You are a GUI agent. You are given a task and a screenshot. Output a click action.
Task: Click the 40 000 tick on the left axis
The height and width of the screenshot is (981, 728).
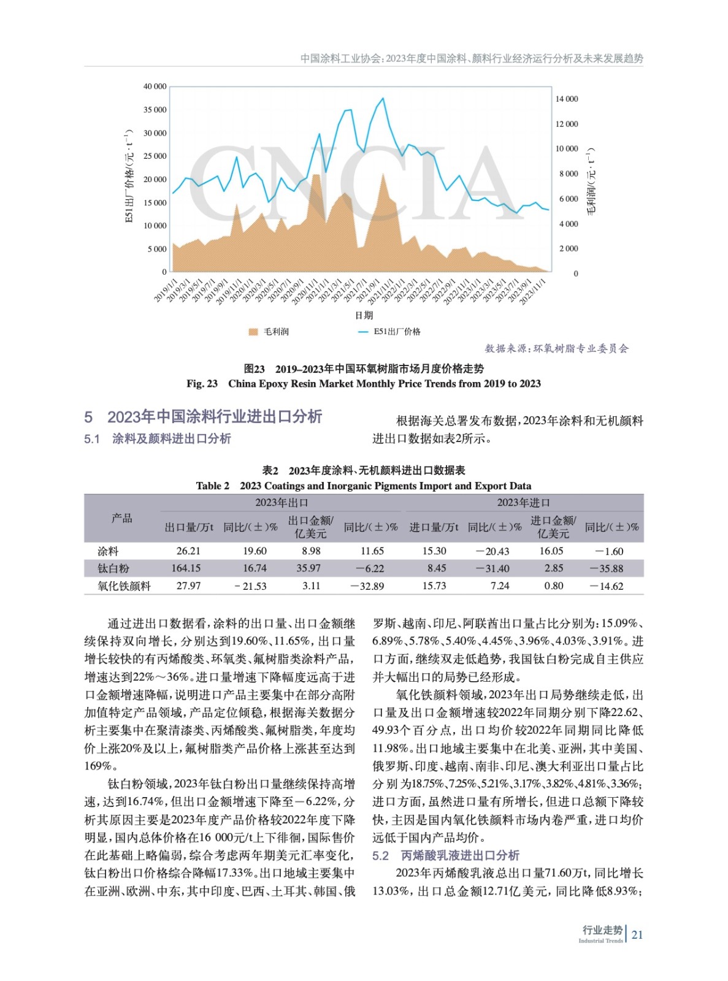[155, 86]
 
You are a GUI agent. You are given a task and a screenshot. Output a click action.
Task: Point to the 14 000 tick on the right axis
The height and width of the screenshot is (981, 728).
[566, 99]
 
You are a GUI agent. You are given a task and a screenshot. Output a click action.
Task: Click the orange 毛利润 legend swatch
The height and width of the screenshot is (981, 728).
[253, 332]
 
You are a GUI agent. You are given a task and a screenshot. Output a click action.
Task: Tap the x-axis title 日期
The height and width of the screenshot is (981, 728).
[364, 315]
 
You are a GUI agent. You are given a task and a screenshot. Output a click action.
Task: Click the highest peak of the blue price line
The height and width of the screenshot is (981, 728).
[383, 98]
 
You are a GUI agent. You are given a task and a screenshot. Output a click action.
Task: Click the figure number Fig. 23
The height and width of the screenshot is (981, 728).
[202, 384]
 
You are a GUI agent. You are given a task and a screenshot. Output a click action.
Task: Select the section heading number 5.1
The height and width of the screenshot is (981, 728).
[92, 439]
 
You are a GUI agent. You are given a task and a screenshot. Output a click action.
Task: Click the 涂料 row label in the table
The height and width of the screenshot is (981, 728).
[108, 551]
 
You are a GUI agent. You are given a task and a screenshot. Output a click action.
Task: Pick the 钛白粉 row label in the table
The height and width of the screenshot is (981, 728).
[113, 568]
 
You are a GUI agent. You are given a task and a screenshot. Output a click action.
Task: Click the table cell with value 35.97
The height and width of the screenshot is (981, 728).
[308, 568]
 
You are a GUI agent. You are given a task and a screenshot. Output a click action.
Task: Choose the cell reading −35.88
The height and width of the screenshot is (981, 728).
[607, 568]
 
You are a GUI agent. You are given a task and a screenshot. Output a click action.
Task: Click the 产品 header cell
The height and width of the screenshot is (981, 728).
[121, 519]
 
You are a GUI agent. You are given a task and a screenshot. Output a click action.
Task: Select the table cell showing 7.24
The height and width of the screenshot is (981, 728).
[500, 586]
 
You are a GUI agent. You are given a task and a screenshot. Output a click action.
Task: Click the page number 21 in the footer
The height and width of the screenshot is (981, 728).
[637, 935]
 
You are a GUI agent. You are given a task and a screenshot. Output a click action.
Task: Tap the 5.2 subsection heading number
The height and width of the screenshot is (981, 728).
[380, 855]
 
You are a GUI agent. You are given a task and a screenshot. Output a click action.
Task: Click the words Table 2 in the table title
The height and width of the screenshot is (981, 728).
[212, 486]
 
